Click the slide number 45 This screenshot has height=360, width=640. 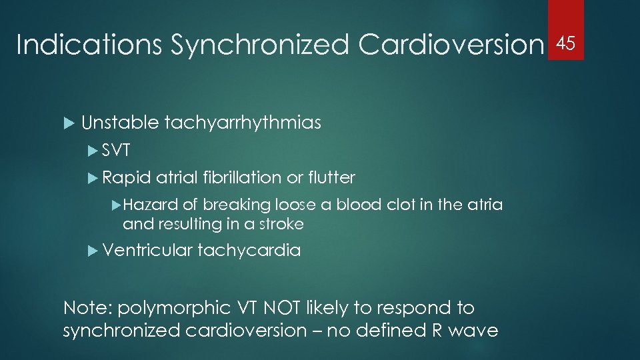pyautogui.click(x=565, y=44)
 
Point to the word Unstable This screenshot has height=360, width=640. pyautogui.click(x=120, y=123)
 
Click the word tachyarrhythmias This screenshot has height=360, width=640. pyautogui.click(x=243, y=123)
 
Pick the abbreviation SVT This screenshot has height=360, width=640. pyautogui.click(x=117, y=151)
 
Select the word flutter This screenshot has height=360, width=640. pyautogui.click(x=331, y=178)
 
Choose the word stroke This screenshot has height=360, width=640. pyautogui.click(x=280, y=224)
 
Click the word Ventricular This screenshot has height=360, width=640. pyautogui.click(x=147, y=251)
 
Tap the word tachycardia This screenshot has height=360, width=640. pyautogui.click(x=249, y=251)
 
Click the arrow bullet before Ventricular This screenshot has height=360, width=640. pyautogui.click(x=93, y=251)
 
